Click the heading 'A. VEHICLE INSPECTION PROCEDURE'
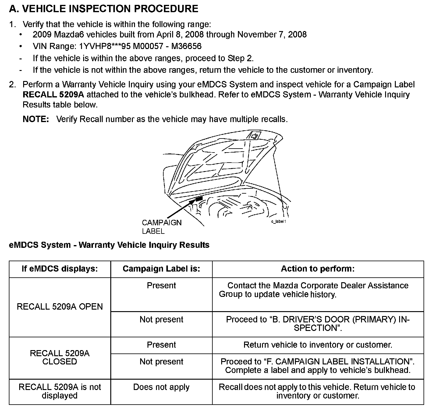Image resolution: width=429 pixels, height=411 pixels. (104, 9)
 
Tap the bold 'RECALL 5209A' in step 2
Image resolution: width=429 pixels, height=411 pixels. (53, 94)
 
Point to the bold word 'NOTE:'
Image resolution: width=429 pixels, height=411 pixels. (36, 119)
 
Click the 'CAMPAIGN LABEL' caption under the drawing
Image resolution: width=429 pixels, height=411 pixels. (161, 227)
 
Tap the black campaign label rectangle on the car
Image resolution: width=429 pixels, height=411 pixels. (199, 199)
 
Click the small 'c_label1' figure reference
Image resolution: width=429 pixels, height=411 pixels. (278, 221)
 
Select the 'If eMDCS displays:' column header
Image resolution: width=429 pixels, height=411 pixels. (60, 269)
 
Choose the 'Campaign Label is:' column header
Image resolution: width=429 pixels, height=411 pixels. (161, 269)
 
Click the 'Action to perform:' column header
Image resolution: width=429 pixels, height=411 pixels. (317, 269)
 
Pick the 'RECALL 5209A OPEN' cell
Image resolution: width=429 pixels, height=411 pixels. (60, 307)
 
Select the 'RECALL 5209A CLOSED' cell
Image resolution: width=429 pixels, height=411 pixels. (60, 357)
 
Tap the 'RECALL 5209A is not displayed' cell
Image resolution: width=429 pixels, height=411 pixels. (60, 391)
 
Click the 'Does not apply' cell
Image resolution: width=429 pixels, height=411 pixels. (161, 387)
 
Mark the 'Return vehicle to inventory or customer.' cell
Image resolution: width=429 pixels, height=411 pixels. (317, 345)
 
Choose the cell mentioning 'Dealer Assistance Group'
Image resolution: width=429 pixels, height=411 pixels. (317, 290)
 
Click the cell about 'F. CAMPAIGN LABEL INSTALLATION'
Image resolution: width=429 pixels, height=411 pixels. (317, 366)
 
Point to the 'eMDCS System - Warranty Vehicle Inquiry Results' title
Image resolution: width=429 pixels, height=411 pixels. (109, 245)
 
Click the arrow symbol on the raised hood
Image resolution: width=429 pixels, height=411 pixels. (255, 135)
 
